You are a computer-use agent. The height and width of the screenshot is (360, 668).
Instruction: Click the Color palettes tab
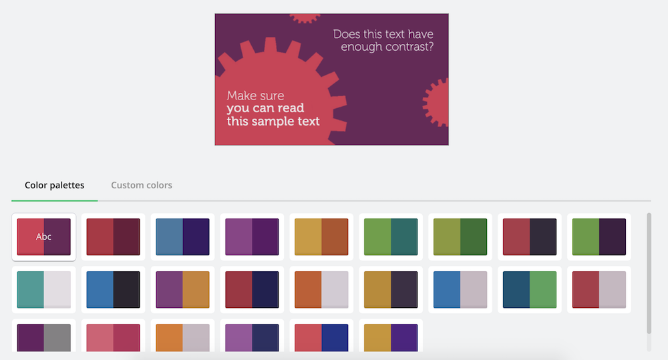(x=55, y=185)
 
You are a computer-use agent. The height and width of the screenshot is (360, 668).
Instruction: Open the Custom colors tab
(x=142, y=185)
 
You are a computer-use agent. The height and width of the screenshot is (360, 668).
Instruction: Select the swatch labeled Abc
(x=44, y=237)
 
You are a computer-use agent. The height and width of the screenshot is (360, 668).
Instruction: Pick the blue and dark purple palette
(x=183, y=237)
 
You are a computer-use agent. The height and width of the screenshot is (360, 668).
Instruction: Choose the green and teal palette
(x=391, y=237)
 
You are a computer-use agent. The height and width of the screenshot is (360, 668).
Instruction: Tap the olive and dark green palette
(x=460, y=237)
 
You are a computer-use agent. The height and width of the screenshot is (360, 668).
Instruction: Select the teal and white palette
(x=44, y=290)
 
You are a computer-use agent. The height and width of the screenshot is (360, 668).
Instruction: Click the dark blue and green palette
(x=530, y=290)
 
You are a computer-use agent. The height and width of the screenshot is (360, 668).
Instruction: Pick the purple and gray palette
(x=44, y=338)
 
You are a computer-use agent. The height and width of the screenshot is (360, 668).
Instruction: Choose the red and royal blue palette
(x=321, y=338)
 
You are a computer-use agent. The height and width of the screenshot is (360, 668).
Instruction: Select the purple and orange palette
(x=183, y=290)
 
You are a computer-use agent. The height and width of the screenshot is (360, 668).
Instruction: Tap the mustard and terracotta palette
(x=321, y=237)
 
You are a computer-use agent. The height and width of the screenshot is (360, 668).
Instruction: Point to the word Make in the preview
(x=240, y=96)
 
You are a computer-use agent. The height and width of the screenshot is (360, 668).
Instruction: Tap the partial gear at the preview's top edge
(x=305, y=18)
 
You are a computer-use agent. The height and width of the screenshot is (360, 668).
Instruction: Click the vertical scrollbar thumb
(x=649, y=273)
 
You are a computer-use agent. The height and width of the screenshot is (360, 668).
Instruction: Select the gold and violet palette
(x=391, y=338)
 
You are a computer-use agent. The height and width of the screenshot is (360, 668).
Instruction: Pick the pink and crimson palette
(x=114, y=338)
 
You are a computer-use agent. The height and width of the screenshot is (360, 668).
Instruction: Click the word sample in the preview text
(x=273, y=122)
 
